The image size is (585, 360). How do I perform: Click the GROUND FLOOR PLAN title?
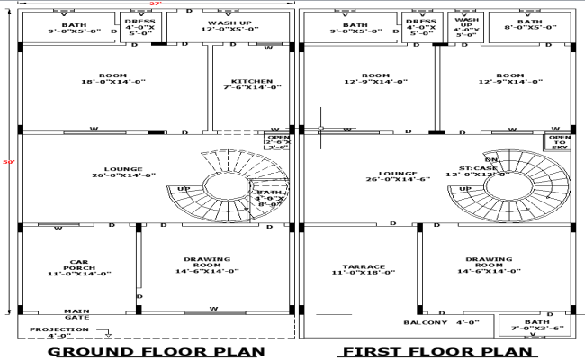pyautogui.click(x=155, y=351)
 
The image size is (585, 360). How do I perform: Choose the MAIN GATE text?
pyautogui.click(x=76, y=313)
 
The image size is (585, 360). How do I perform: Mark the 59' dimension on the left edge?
pyautogui.click(x=8, y=162)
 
